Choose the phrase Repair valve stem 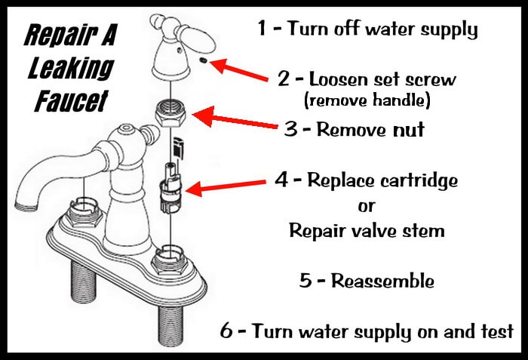pyautogui.click(x=367, y=230)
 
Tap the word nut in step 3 pyautogui.click(x=408, y=129)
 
